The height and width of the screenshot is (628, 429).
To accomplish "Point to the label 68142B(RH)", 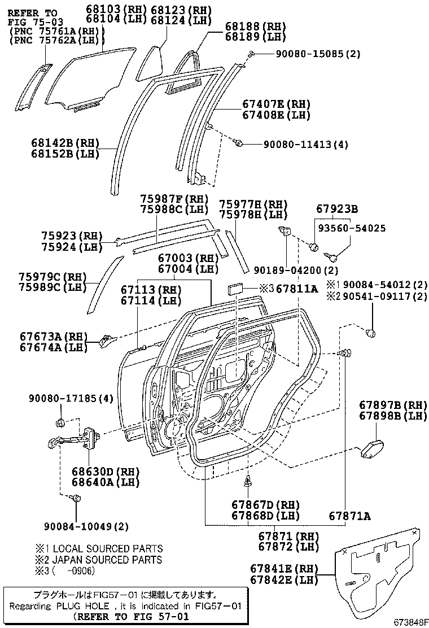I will [65, 143].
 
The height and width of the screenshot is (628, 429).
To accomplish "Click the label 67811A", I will [297, 289].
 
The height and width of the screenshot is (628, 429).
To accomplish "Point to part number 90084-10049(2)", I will [86, 526].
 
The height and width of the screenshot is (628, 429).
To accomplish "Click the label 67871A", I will [350, 516].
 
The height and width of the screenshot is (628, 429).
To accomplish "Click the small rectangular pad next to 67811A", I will [235, 289].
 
